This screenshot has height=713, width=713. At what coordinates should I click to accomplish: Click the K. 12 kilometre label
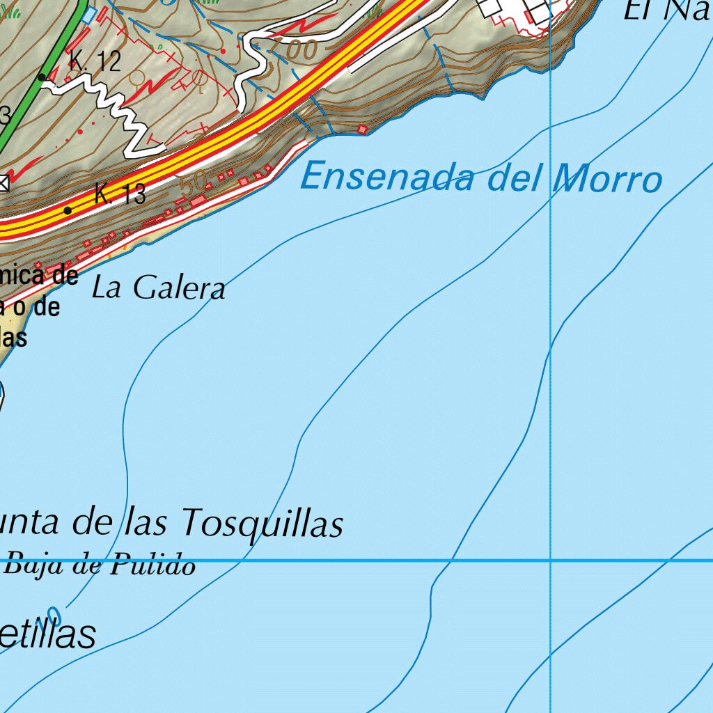pos(95,61)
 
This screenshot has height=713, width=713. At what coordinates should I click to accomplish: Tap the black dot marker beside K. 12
pos(42,77)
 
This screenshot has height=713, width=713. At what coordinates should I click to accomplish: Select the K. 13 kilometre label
pos(120,194)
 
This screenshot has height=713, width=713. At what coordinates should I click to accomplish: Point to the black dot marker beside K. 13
pos(68,210)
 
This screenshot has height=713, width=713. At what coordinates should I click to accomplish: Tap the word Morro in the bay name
pos(607,180)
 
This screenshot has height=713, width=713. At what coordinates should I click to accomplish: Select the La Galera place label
pos(159,287)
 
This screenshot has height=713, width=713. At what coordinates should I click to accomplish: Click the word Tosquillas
pos(263,522)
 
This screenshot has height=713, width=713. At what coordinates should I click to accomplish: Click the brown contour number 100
pos(297,49)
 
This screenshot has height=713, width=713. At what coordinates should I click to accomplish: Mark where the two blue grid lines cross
pos(551,560)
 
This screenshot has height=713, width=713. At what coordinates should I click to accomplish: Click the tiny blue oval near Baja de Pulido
pos(58,616)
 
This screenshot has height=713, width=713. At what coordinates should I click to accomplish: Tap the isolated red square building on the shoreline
pos(362,129)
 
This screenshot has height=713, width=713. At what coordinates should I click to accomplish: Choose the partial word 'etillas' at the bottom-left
pos(47,635)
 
